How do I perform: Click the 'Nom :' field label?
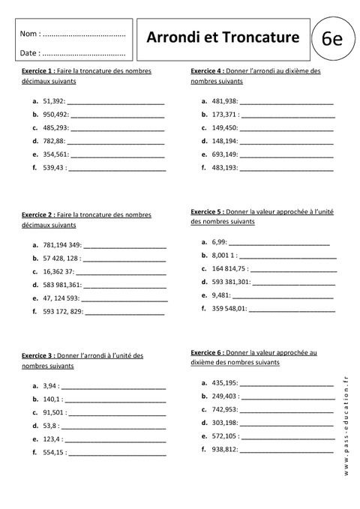(x=31, y=34)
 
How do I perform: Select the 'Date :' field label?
(x=31, y=53)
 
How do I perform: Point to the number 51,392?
(x=54, y=100)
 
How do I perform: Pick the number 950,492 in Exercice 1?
(x=56, y=115)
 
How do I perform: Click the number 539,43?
(x=55, y=168)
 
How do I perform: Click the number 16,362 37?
(x=58, y=271)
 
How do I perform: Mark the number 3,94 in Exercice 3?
(x=51, y=385)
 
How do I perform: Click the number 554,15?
(x=54, y=453)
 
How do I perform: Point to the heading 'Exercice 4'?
(x=208, y=70)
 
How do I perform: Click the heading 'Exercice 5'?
(x=208, y=211)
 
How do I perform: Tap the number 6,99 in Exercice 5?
(x=219, y=242)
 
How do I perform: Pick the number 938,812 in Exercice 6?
(x=225, y=448)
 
